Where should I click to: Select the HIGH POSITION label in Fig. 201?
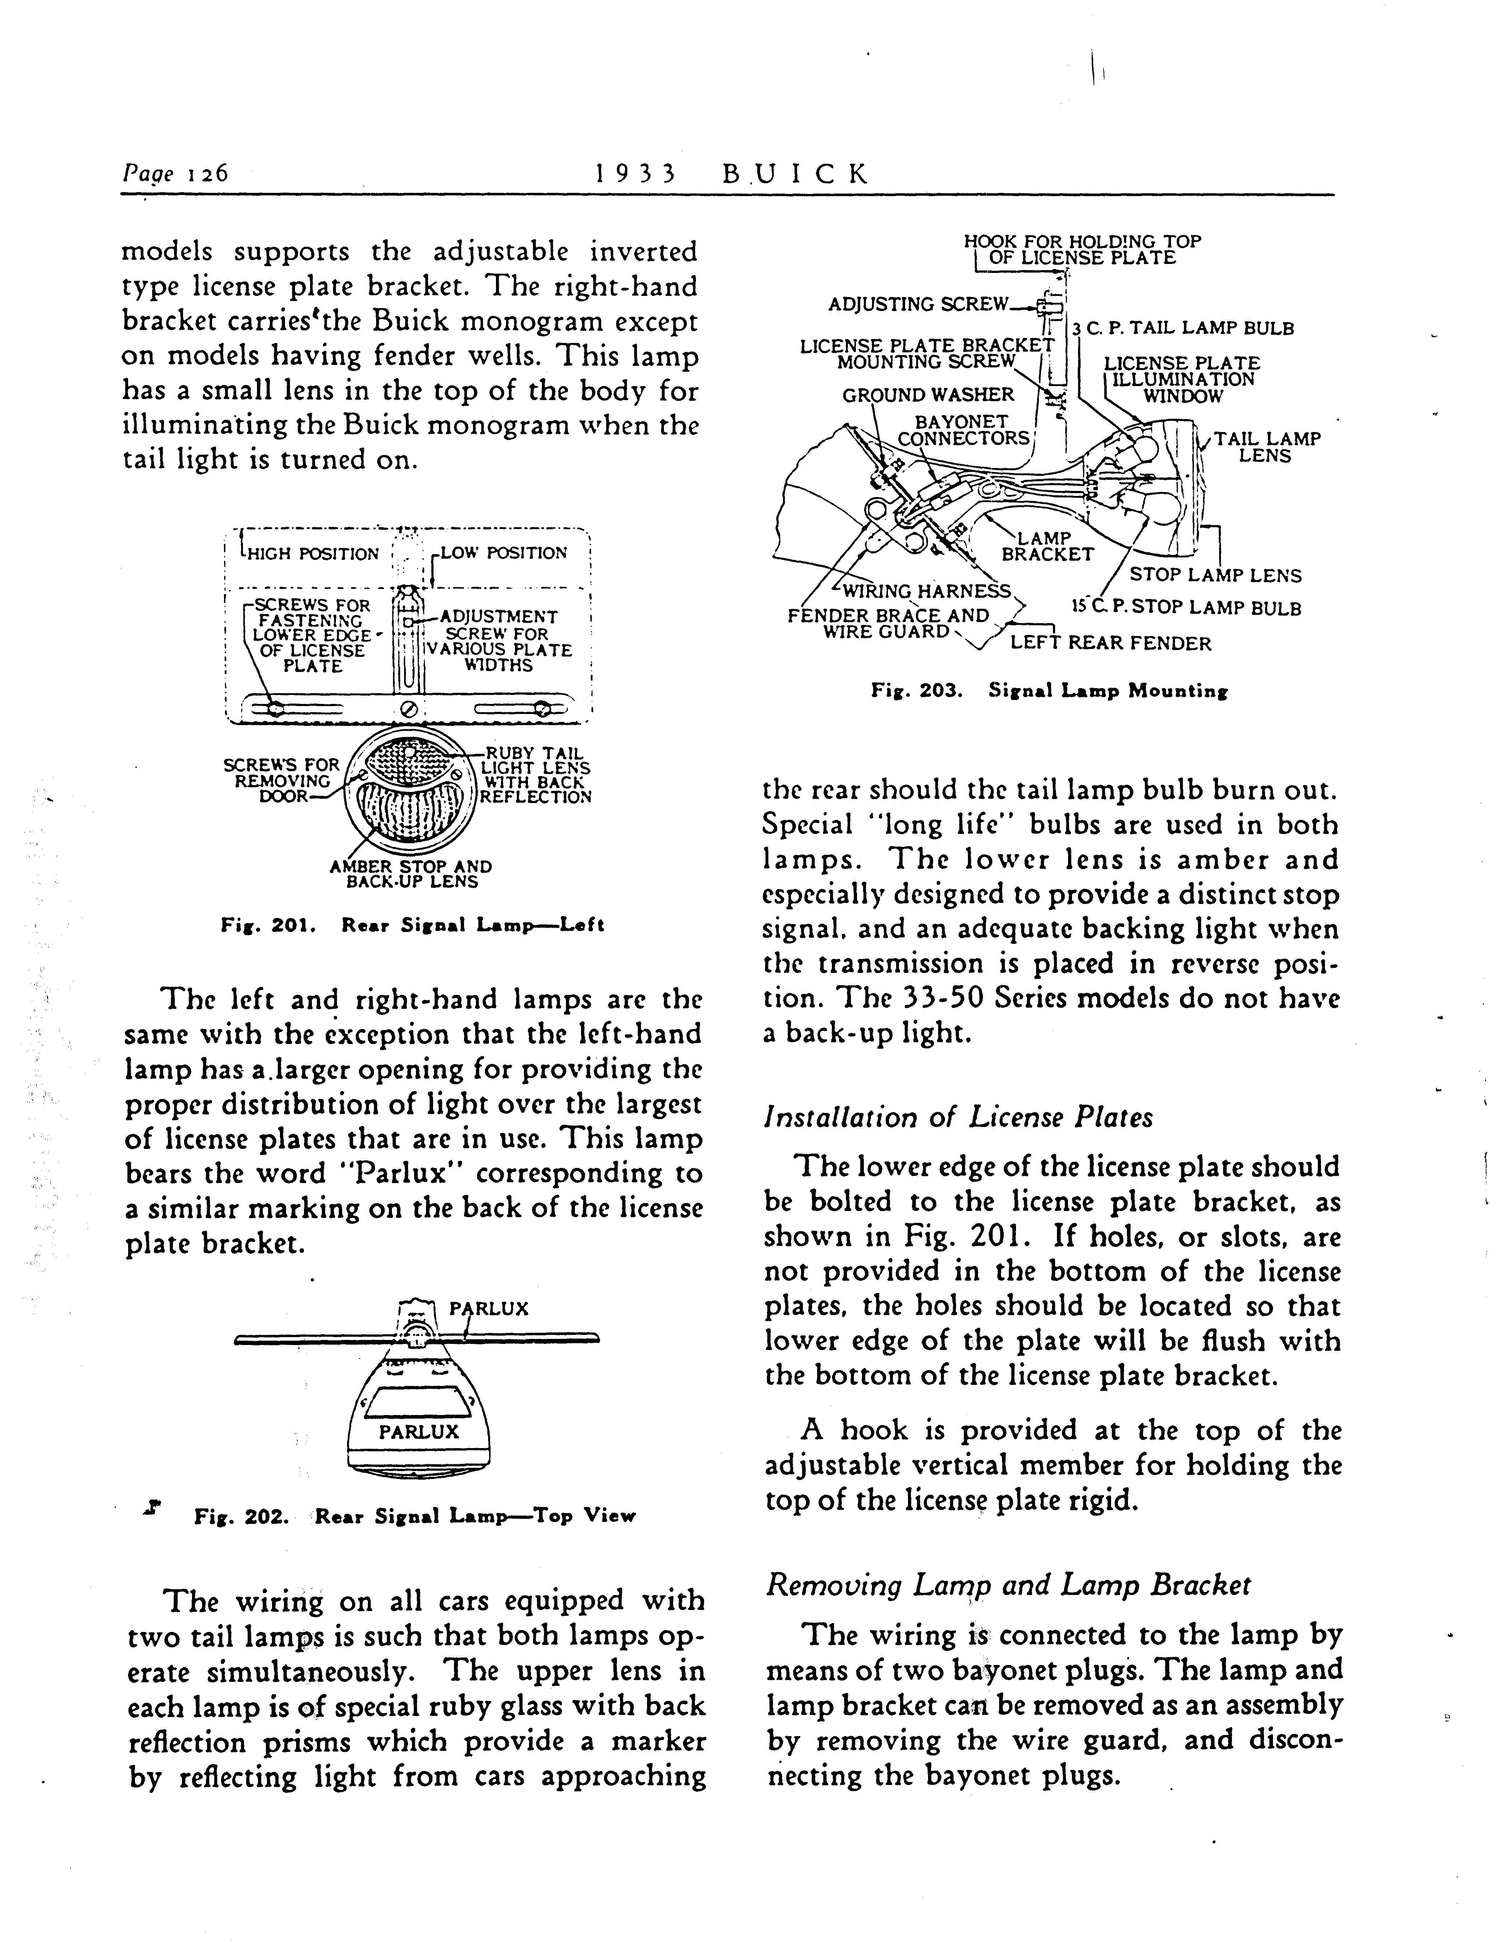(x=312, y=554)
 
